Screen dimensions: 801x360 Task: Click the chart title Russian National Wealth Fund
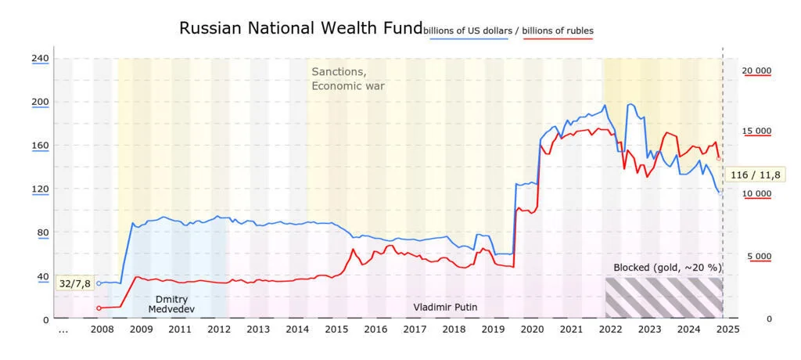coord(301,29)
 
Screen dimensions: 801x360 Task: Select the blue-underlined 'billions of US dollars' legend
coord(469,31)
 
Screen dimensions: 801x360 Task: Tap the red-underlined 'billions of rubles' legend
coord(558,31)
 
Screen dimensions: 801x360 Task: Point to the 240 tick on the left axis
coord(40,58)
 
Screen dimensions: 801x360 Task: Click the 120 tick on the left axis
coord(40,189)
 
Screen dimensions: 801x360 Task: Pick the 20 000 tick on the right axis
coord(756,70)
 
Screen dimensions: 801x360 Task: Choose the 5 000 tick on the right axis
coord(759,256)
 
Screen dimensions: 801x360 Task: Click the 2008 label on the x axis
coord(102,329)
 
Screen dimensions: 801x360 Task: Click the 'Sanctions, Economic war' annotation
coord(348,78)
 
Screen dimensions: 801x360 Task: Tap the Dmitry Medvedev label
coord(171,304)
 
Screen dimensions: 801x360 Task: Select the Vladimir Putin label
coord(441,308)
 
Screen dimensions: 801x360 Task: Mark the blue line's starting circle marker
coord(99,283)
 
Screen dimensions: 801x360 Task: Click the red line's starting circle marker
coord(99,308)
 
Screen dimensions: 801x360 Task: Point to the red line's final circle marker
coord(718,159)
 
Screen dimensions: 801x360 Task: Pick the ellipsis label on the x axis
coord(63,330)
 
